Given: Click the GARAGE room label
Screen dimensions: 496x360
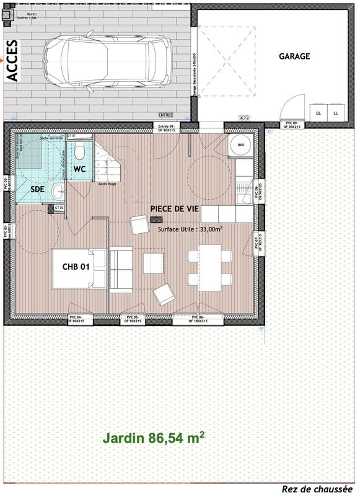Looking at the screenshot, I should [x=294, y=56].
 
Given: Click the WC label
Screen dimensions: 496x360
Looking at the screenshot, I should [x=80, y=169].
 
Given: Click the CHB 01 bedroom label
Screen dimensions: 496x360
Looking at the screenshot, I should [x=77, y=267].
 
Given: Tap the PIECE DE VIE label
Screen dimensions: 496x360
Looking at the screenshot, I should [x=175, y=209].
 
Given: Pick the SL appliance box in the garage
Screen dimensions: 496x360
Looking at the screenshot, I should [x=318, y=113].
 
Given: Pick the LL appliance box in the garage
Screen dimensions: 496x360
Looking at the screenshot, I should [x=336, y=113].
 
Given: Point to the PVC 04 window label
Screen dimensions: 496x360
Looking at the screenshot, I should [x=80, y=320].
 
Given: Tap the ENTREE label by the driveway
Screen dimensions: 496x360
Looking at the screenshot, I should [x=165, y=115].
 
